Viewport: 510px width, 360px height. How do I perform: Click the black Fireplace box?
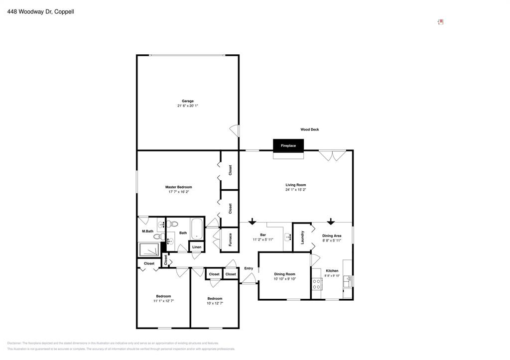tap(288, 145)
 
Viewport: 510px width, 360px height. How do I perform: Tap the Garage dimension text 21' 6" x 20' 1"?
tap(188, 106)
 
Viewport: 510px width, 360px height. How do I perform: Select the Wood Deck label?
tap(309, 129)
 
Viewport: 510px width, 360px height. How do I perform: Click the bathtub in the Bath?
tap(197, 229)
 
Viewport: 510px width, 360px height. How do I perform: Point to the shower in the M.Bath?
tap(149, 249)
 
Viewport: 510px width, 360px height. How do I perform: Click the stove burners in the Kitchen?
tap(316, 284)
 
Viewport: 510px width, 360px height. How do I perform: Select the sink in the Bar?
tap(288, 238)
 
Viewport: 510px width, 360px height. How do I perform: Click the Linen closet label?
tap(197, 247)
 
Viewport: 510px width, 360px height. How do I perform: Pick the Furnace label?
tap(230, 240)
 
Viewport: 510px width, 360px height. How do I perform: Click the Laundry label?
tap(302, 237)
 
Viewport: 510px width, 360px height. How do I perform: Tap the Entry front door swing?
tap(250, 279)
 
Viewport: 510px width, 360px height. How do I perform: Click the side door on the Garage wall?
tap(234, 130)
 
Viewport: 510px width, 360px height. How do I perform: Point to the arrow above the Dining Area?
tap(331, 221)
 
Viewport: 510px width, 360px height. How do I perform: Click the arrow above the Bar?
tap(253, 221)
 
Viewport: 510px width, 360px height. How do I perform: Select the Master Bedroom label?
tap(178, 187)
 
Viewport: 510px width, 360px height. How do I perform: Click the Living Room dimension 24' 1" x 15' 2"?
tap(295, 190)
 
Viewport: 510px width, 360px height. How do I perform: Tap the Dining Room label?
tap(284, 274)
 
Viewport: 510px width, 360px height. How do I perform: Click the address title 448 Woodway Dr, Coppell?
tap(41, 11)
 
